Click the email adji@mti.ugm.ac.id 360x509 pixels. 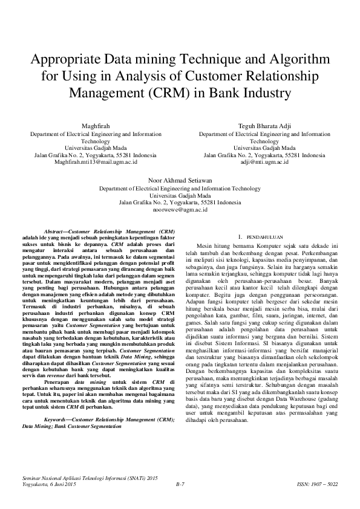[264, 162]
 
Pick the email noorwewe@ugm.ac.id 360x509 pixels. [180, 209]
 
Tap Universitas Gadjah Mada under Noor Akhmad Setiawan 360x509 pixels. [180, 195]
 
